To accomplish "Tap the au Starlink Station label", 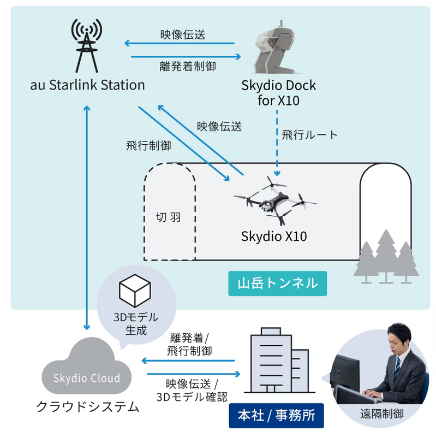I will [88, 85].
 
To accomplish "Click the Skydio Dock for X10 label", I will [278, 93].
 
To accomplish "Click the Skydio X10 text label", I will [274, 237].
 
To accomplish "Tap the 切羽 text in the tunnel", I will [168, 217].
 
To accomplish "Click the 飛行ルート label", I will [309, 134].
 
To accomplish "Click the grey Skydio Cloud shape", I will [87, 372].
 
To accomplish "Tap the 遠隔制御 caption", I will [382, 414].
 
